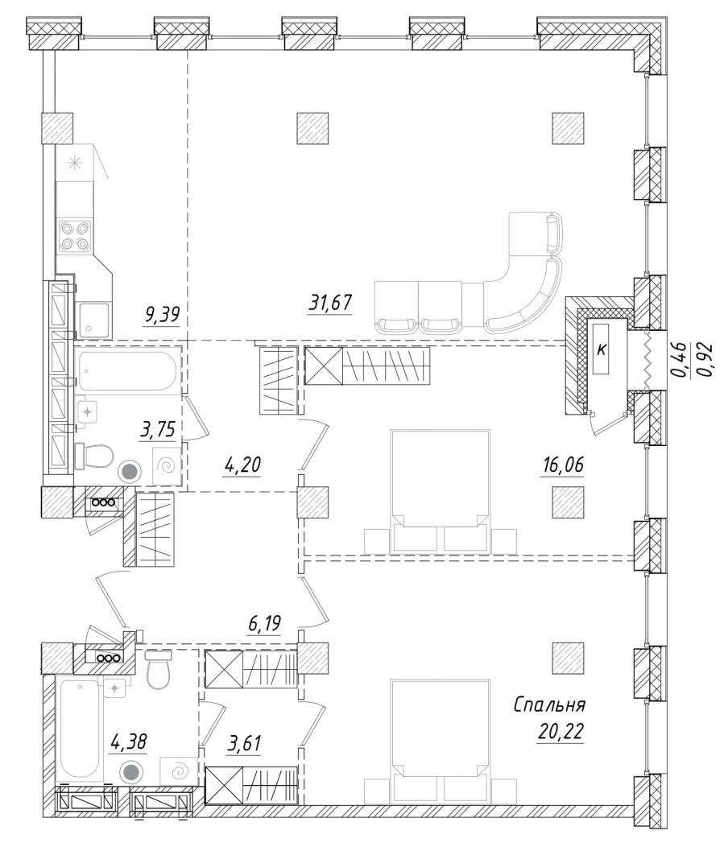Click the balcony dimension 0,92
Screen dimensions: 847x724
pos(706,360)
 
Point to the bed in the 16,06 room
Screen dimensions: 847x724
pos(440,491)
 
